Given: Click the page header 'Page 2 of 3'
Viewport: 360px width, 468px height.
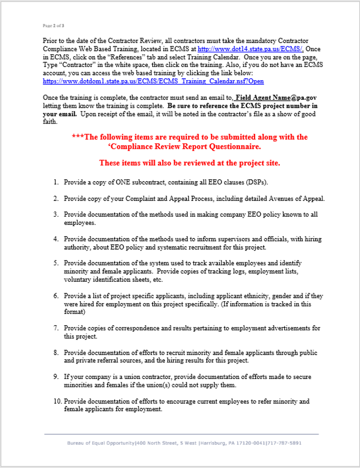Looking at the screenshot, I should pyautogui.click(x=53, y=25).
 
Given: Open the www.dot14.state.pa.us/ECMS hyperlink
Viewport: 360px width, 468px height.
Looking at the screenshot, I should pyautogui.click(x=250, y=49).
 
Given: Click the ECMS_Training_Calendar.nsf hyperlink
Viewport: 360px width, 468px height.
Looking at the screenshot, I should pyautogui.click(x=153, y=81).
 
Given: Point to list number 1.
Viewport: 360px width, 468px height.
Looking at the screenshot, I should pyautogui.click(x=55, y=182).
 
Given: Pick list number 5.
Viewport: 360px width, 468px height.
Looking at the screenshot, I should pyautogui.click(x=55, y=263).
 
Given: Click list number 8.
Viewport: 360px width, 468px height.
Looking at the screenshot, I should pyautogui.click(x=55, y=353).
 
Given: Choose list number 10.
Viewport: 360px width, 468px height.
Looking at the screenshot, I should pyautogui.click(x=57, y=401).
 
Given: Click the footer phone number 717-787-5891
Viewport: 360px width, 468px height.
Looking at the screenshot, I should pyautogui.click(x=285, y=443).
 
